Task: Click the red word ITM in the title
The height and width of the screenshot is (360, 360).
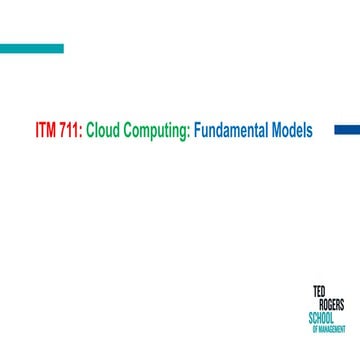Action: (x=46, y=130)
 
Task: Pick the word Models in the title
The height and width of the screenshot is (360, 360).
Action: (x=293, y=130)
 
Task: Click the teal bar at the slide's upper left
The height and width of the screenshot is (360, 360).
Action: (x=31, y=48)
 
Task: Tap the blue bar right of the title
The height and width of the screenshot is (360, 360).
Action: (x=345, y=129)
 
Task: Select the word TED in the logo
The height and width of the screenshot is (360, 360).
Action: (x=319, y=292)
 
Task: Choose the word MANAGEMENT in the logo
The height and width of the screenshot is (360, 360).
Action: (x=334, y=328)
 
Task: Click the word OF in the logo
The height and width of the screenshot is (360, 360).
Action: (x=315, y=328)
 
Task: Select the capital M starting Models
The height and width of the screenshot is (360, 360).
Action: (x=276, y=130)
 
